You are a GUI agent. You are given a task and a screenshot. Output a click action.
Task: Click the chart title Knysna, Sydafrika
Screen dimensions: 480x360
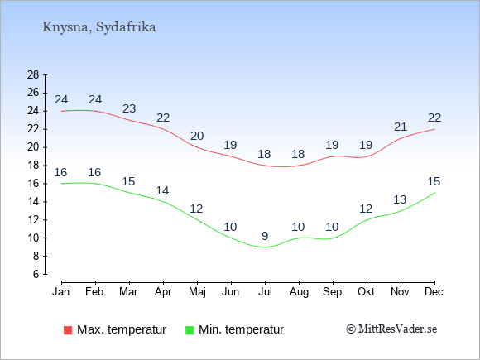coord(98,27)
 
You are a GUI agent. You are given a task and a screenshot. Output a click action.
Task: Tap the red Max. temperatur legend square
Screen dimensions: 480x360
coord(68,330)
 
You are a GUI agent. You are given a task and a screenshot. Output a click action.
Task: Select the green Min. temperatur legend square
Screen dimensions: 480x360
coord(190,330)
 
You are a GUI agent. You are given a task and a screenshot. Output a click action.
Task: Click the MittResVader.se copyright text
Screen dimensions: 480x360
coord(391,329)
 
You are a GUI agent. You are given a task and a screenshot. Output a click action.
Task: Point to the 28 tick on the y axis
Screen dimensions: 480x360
coord(33,74)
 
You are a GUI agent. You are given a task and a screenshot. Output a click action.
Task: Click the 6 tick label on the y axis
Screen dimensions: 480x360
coord(36,274)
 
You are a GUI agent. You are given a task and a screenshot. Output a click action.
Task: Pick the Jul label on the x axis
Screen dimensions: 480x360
coord(265,292)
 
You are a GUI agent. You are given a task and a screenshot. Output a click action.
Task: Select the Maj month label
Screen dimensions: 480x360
coord(197,292)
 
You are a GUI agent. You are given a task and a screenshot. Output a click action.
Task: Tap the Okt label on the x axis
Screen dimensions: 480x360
coord(366,292)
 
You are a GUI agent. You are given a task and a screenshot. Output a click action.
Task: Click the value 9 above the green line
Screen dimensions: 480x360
coord(265,236)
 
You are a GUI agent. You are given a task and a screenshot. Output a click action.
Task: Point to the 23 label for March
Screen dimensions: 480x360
coord(129,108)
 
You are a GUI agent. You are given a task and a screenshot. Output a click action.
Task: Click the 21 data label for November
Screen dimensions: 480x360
coord(401,127)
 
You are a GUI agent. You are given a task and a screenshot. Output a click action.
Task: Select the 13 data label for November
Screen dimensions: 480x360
coord(400,199)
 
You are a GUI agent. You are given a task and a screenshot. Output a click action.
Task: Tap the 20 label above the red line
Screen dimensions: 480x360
coord(197,136)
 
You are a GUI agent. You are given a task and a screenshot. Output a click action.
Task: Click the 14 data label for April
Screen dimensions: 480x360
coord(162,190)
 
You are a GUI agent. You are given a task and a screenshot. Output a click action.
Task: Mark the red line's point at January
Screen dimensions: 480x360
coord(62,111)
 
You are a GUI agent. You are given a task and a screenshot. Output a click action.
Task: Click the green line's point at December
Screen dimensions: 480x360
coord(434,193)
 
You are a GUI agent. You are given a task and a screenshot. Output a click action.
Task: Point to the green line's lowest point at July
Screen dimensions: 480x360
coord(265,247)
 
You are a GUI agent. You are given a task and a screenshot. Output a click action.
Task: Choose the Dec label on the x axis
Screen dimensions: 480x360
coord(434,292)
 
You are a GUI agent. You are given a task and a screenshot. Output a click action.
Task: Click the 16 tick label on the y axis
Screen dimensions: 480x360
coord(33,184)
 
